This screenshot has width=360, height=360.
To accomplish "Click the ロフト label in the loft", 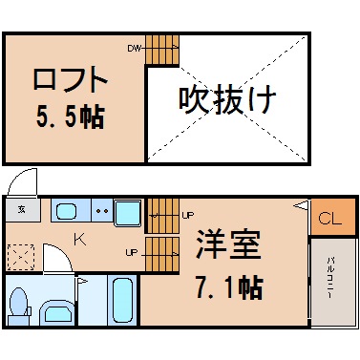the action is (x=70, y=79).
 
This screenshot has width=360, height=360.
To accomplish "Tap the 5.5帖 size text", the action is (x=71, y=116).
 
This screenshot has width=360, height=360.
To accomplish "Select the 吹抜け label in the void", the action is (x=227, y=100).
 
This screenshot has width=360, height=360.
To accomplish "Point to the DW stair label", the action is (x=134, y=49).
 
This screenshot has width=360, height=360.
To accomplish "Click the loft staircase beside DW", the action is (x=162, y=50).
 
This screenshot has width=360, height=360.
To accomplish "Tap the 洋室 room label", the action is (x=228, y=244).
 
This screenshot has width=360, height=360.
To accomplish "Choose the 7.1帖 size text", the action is (x=229, y=287).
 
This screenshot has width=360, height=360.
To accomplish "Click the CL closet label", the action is (x=330, y=218).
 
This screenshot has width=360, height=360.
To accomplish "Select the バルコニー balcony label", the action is (x=329, y=278).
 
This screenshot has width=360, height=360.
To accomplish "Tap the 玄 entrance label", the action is (x=22, y=209).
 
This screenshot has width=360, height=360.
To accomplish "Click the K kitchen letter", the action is (x=80, y=240).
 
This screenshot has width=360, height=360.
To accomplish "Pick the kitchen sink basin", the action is (x=66, y=211).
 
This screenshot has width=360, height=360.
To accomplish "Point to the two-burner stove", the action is (x=102, y=210).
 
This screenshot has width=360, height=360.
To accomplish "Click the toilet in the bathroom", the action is (x=19, y=307).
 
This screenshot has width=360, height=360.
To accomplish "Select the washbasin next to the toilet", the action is (x=57, y=312).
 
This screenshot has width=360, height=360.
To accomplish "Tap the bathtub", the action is (x=122, y=301).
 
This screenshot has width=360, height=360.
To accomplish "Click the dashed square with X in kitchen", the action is (x=21, y=257).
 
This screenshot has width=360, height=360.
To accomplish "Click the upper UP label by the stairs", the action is (x=188, y=216).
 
